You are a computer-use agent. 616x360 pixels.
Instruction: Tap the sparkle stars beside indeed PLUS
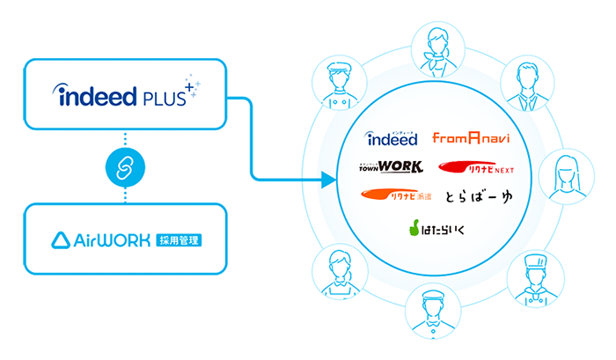click(191, 84)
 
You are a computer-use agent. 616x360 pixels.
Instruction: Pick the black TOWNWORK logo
click(392, 166)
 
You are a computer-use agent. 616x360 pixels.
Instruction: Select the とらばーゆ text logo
click(478, 195)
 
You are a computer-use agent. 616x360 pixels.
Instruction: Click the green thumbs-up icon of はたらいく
click(412, 229)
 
